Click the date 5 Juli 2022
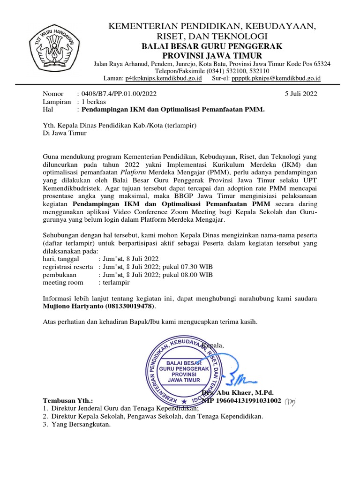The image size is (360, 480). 301,93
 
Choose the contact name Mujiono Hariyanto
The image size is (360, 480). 74,306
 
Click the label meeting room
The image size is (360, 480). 63,282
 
